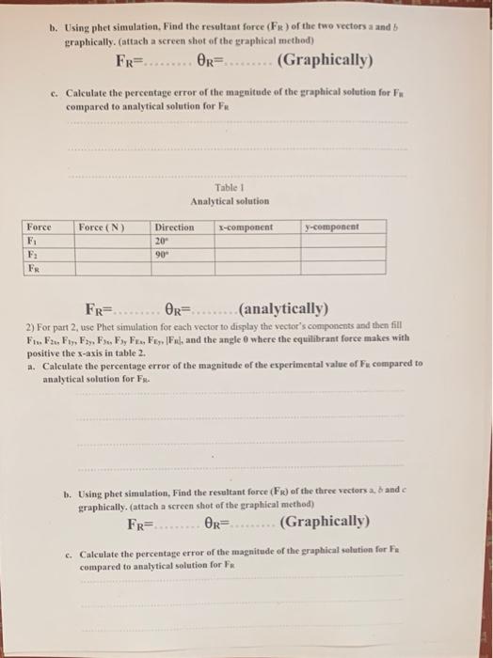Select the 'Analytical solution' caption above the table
click(x=230, y=200)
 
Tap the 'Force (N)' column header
click(x=102, y=227)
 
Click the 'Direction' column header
click(x=174, y=227)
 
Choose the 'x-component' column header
click(x=246, y=227)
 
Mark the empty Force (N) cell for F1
click(x=112, y=240)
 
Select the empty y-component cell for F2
click(x=343, y=254)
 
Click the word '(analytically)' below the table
click(x=283, y=307)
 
